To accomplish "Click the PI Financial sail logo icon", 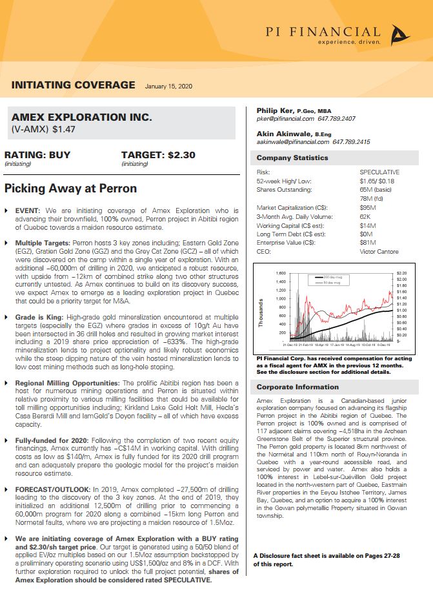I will tap(400, 36).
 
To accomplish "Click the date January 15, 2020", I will tap(168, 86).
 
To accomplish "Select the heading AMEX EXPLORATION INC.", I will tap(82, 118).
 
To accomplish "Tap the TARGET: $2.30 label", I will tap(158, 155).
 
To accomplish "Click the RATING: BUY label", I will tap(37, 155).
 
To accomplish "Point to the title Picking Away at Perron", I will tap(70, 189).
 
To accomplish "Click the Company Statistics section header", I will tap(283, 158).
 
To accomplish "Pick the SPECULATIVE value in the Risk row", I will tap(379, 172).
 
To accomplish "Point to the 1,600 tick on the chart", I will tap(281, 274).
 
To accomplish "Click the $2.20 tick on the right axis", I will tap(402, 274).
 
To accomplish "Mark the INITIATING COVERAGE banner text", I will tap(73, 85).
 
